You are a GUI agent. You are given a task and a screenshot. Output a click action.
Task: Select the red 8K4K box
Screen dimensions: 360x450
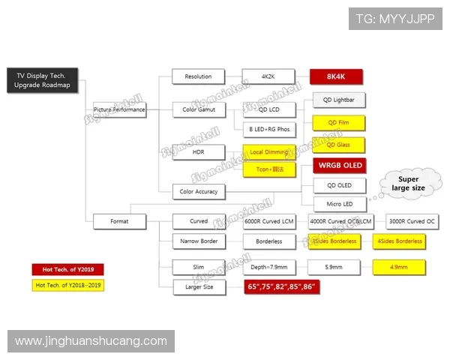tap(337, 76)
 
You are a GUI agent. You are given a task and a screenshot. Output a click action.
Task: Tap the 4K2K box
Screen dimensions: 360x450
tap(268, 76)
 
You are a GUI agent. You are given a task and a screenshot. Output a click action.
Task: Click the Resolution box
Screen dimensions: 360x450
tap(198, 76)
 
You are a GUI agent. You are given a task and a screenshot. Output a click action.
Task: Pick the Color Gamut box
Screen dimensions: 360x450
tap(198, 109)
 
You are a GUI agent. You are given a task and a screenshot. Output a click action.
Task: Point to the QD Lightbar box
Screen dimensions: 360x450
tap(339, 100)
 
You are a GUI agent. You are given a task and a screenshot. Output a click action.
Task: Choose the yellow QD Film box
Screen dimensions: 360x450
tap(339, 122)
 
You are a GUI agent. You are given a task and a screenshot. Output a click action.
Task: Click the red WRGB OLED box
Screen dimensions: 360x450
tap(339, 166)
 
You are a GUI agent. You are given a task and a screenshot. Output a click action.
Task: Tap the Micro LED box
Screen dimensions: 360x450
tap(339, 203)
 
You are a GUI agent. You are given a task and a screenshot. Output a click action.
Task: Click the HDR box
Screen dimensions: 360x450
tap(198, 152)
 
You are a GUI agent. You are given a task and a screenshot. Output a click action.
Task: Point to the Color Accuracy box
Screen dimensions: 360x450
tap(198, 191)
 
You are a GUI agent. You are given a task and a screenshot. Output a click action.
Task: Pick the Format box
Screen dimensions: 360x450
tap(118, 221)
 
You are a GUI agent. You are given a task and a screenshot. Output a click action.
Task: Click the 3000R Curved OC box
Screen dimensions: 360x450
tap(409, 221)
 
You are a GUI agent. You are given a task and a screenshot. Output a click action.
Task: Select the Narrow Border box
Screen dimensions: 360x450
tap(198, 241)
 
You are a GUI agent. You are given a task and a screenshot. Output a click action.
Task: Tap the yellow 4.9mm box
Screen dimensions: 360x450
tap(399, 267)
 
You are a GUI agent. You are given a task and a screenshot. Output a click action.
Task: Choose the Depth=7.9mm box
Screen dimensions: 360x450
tap(268, 267)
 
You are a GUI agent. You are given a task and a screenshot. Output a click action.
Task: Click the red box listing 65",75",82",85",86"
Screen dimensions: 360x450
tap(281, 286)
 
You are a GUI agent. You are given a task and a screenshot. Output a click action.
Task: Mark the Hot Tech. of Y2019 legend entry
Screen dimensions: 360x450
tap(67, 269)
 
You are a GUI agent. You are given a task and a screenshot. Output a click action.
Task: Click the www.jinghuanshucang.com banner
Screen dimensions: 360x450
tap(91, 341)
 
